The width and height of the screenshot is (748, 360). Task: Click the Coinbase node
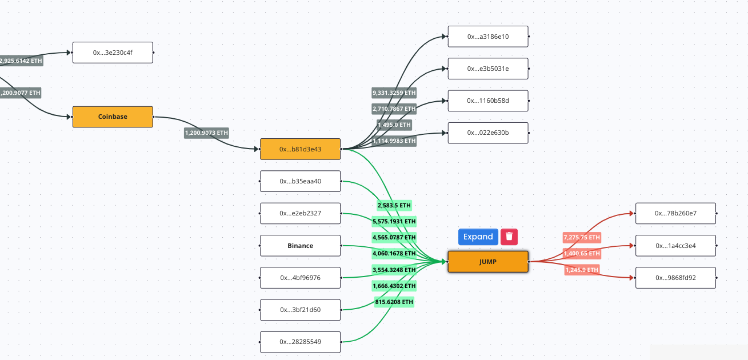[x=113, y=117]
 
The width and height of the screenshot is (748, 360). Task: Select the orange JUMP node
[x=487, y=262]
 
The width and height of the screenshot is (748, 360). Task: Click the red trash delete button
[x=509, y=237]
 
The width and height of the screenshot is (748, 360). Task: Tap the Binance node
[x=300, y=246]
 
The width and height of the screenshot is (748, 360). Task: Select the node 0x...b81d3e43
[x=300, y=149]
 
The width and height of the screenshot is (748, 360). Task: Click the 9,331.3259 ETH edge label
[x=394, y=93]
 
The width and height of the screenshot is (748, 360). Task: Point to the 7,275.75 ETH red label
[x=582, y=237]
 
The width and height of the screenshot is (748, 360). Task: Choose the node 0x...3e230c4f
[x=113, y=53]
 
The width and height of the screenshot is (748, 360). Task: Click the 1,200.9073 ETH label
[x=206, y=133]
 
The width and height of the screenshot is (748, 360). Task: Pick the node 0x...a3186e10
[x=487, y=37]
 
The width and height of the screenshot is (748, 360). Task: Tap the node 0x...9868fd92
[x=675, y=278]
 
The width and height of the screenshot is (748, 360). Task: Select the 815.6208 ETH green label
[x=394, y=302]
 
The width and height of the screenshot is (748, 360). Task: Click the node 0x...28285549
[x=300, y=342]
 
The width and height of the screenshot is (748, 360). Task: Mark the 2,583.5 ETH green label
[x=394, y=205]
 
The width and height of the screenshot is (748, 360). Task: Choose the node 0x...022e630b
[x=487, y=133]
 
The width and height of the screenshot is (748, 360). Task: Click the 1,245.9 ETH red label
[x=582, y=270]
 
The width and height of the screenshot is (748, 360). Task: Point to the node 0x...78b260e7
[x=675, y=213]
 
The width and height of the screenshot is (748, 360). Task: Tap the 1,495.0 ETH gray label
[x=394, y=125]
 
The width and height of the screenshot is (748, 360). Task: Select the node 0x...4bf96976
[x=300, y=278]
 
